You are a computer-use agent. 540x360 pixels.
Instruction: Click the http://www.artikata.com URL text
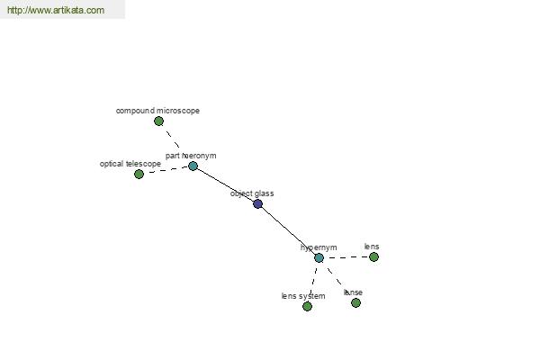pos(56,11)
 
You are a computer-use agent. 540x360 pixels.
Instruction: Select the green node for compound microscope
pos(158,121)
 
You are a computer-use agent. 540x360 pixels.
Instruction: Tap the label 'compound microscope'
pos(157,111)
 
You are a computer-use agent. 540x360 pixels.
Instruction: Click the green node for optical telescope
pos(139,174)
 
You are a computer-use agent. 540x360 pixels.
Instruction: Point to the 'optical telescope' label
pos(130,164)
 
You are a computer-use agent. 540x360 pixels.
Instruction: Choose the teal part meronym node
pos(193,166)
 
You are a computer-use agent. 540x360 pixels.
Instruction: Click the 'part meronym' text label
pos(191,156)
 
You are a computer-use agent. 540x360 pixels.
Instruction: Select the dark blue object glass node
pos(257,203)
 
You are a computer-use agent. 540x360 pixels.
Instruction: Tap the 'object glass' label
pos(252,193)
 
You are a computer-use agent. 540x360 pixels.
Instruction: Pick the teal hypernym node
pos(319,257)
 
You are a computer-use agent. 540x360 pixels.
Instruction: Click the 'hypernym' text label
pos(319,247)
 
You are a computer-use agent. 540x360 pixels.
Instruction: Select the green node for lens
pos(373,256)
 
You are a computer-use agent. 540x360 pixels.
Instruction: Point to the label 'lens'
pos(372,246)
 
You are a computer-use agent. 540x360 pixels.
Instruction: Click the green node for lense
pos(355,302)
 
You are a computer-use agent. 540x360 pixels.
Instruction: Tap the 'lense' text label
pos(353,292)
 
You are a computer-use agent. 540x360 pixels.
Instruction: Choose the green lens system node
pos(307,306)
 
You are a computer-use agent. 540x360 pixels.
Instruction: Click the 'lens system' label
pos(303,296)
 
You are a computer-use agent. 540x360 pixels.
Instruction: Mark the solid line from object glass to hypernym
pos(288,230)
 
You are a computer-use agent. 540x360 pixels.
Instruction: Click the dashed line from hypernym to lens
pos(346,257)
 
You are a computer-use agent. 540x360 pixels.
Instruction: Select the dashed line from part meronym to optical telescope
pos(166,170)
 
